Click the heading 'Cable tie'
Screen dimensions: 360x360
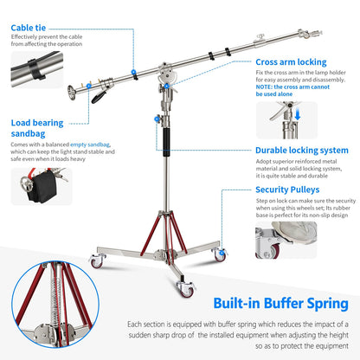29,27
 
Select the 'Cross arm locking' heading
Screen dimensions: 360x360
290,62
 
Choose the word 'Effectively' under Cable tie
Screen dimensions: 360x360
26,38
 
